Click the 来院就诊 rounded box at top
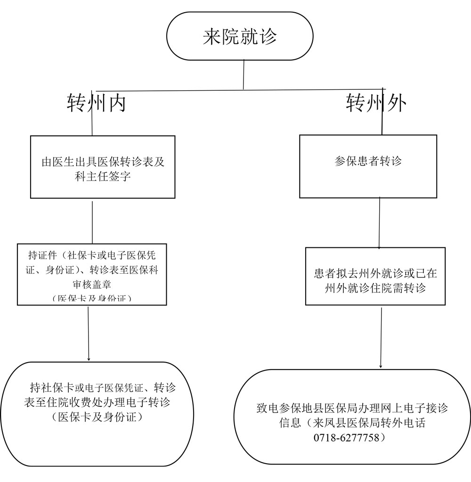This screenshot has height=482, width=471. [x=240, y=36]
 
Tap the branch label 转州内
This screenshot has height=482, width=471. [x=97, y=103]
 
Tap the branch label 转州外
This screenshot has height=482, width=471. [x=376, y=103]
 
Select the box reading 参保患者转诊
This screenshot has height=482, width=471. [x=368, y=166]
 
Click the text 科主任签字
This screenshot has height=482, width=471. [x=103, y=177]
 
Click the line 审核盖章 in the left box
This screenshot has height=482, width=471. [x=92, y=285]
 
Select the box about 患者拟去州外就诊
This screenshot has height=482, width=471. [x=375, y=277]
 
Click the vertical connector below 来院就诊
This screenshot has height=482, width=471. [x=244, y=74]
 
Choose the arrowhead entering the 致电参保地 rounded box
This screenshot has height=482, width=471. [x=381, y=367]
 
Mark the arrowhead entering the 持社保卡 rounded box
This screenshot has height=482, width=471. [x=89, y=360]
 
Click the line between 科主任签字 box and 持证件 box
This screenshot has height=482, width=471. [x=92, y=222]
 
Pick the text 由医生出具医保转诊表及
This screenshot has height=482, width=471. [x=103, y=162]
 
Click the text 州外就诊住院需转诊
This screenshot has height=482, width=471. [x=375, y=288]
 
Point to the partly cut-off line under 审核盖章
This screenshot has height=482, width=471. [x=92, y=299]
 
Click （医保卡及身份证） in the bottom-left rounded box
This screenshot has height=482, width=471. [x=97, y=417]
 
